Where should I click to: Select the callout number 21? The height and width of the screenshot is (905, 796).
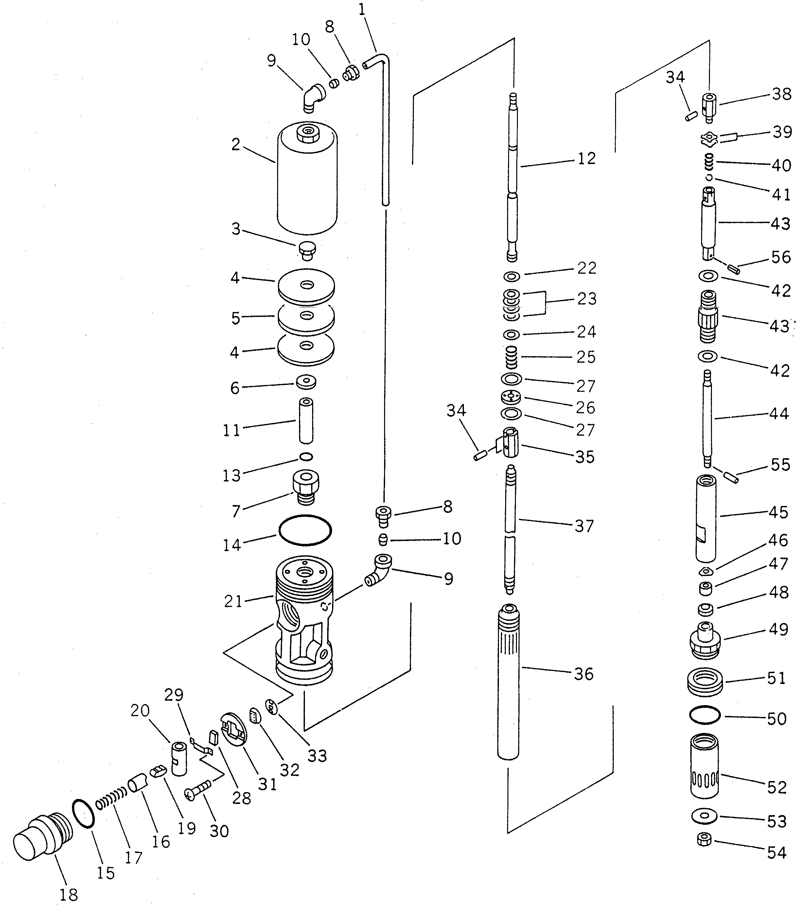[x=233, y=601]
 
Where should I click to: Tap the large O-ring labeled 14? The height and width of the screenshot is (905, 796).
[x=305, y=530]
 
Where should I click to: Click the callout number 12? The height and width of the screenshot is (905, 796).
[x=587, y=159]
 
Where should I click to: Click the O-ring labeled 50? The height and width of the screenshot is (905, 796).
[x=705, y=715]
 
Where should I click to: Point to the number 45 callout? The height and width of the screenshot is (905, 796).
[x=778, y=512]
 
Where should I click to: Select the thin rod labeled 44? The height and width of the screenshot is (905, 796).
[x=707, y=418]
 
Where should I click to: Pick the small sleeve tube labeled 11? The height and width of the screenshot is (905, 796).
[x=306, y=421]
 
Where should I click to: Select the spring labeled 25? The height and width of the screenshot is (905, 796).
[x=511, y=357]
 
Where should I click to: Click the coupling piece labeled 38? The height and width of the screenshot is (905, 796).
[x=709, y=107]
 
